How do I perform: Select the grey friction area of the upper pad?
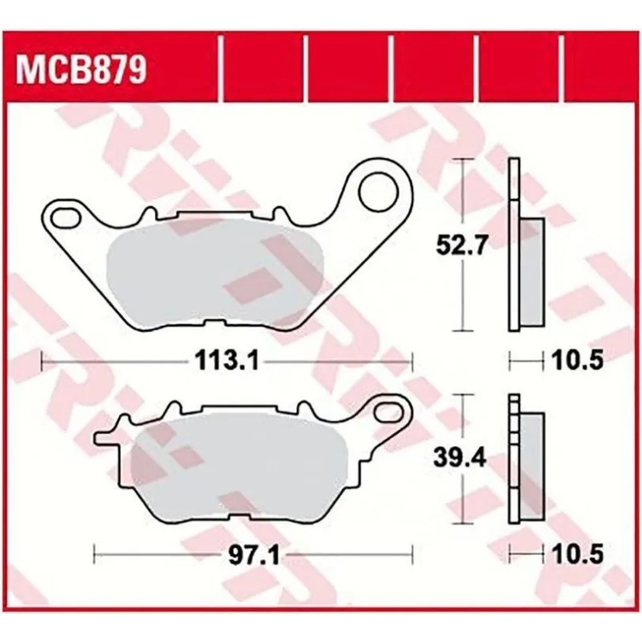point(217,273)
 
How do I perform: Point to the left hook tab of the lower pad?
point(108,438)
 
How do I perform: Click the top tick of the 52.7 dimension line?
point(460,160)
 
